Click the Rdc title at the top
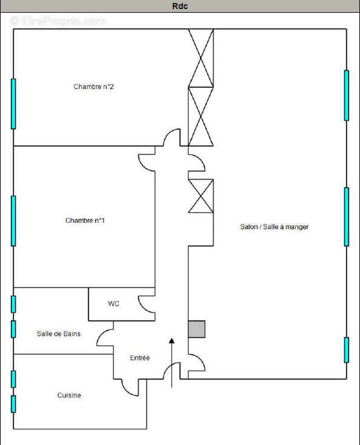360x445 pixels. coord(180,6)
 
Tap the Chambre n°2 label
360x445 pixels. coord(94,87)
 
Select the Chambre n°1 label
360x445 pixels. coord(85,220)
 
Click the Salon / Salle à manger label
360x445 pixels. coord(274,226)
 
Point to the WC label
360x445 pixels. coord(113,303)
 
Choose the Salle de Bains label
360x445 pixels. coord(59,334)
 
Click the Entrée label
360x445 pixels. coord(140,358)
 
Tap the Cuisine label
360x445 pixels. coord(69,395)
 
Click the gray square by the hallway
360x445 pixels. coord(196,329)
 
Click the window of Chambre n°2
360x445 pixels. coord(13,104)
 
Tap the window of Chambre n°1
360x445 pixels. coord(13,220)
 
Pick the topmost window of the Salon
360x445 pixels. coord(347,95)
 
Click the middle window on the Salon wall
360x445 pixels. coord(347,216)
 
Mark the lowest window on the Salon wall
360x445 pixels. coord(347,350)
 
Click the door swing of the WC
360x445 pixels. coord(147,303)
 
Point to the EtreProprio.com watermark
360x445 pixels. coord(58,21)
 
